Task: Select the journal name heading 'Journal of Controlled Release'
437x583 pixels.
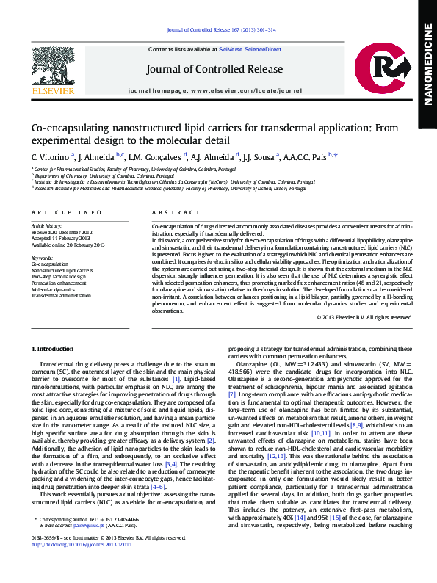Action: [x=214, y=70]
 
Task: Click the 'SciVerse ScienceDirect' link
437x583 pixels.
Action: [x=250, y=49]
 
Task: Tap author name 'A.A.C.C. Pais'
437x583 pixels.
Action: [x=308, y=156]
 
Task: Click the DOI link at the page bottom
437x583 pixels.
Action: [x=82, y=565]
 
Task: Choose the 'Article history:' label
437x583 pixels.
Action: [x=46, y=225]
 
